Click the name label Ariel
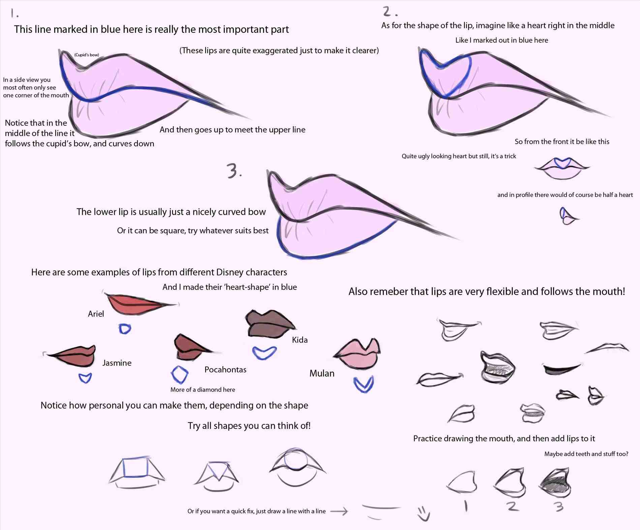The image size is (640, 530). [x=96, y=314]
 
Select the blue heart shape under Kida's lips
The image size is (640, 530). [x=265, y=352]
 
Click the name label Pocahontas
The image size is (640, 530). [x=225, y=370]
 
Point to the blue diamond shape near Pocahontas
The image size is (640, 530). [x=180, y=375]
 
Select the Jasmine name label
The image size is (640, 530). [x=117, y=363]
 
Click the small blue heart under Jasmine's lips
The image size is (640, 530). [x=85, y=378]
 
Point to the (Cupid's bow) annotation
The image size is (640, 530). [x=87, y=55]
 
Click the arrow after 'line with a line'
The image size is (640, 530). [x=339, y=511]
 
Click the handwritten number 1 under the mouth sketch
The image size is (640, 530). [x=466, y=506]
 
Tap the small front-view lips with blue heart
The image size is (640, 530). [x=562, y=167]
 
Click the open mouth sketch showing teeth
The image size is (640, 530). [x=498, y=368]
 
